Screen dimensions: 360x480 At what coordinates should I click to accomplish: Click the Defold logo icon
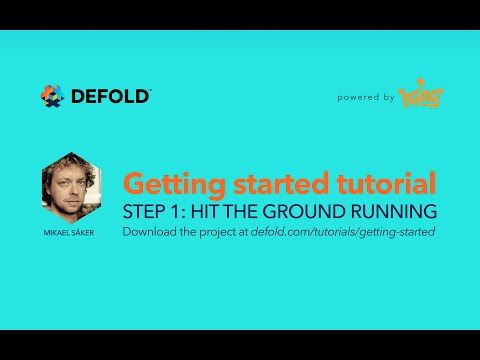click(x=52, y=96)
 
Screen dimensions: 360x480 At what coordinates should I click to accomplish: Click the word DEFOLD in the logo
click(x=110, y=96)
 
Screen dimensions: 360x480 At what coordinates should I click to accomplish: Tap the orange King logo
click(x=420, y=97)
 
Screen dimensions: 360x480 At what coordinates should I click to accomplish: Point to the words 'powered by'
click(x=365, y=98)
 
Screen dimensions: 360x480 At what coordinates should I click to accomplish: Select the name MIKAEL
click(x=58, y=232)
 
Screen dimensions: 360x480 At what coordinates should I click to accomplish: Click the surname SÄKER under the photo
click(x=88, y=232)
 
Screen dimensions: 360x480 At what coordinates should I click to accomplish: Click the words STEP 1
click(x=151, y=212)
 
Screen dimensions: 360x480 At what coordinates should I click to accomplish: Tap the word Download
click(x=149, y=232)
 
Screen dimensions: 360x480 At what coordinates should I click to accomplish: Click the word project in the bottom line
click(x=217, y=232)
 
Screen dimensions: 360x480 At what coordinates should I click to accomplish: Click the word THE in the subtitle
click(x=245, y=212)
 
